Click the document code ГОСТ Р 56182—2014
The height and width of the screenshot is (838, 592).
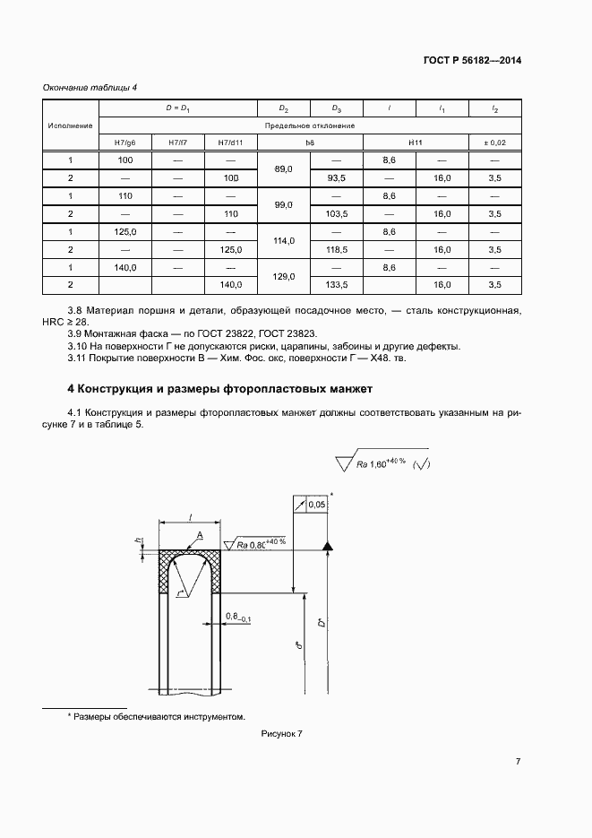point(472,61)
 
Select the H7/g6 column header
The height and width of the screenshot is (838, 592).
point(124,143)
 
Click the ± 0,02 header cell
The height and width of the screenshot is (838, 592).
point(494,143)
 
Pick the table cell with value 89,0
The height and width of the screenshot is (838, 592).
point(284,168)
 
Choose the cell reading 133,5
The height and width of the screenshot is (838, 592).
point(337,284)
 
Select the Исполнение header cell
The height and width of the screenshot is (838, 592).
point(71,125)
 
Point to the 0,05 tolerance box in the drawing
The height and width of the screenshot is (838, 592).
point(315,505)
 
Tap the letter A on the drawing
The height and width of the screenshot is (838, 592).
point(199,535)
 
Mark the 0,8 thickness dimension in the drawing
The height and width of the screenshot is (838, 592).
point(236,617)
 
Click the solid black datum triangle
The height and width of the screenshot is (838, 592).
point(328,546)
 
